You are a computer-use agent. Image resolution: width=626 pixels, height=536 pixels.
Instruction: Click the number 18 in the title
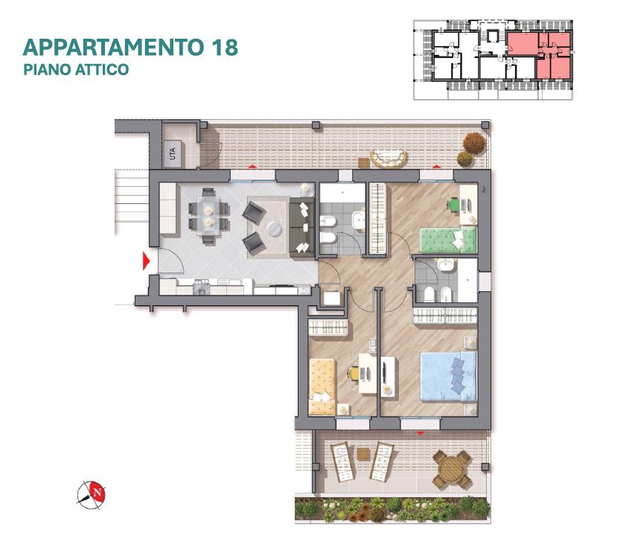coord(225,47)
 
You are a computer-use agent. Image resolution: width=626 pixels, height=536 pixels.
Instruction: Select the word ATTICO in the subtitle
coord(102,69)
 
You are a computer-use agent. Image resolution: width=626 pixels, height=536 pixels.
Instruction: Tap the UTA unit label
coord(173,154)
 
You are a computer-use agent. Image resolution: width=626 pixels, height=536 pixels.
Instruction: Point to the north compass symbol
coord(92,495)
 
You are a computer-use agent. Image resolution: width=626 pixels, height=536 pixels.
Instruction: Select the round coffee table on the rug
coord(274,229)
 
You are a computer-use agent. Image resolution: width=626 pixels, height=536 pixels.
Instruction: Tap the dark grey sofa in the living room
coord(301,227)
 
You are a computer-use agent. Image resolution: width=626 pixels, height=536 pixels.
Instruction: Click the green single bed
coord(448,240)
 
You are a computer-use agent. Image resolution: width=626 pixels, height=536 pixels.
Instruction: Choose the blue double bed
coord(448,376)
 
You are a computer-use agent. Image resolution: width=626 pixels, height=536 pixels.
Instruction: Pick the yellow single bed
coord(322,386)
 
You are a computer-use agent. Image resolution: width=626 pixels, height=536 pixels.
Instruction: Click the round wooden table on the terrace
coord(451,470)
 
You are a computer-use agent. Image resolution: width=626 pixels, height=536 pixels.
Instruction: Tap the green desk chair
coord(453,205)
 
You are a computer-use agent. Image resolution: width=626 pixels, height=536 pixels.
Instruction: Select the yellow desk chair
coord(353,374)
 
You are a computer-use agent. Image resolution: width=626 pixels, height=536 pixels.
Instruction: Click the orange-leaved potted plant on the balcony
coord(474,142)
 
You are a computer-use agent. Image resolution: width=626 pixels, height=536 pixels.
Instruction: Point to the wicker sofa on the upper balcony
coord(389,159)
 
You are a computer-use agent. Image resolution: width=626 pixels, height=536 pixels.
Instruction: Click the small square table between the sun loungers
coord(364,454)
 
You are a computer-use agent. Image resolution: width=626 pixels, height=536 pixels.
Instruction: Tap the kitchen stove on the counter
coord(202,287)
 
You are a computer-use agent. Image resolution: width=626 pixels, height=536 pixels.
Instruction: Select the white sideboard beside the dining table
coord(167,208)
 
